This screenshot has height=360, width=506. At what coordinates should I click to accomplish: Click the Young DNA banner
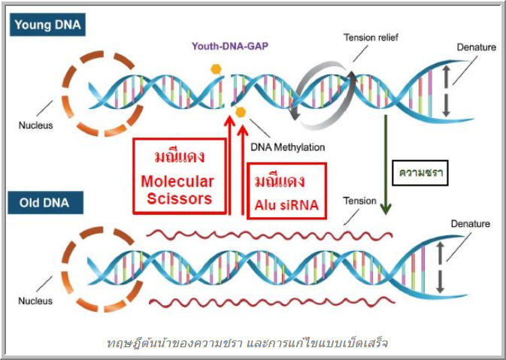pyautogui.click(x=48, y=25)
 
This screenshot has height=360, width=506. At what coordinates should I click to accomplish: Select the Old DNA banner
pyautogui.click(x=46, y=203)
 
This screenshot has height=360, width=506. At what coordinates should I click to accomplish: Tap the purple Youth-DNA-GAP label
pyautogui.click(x=230, y=46)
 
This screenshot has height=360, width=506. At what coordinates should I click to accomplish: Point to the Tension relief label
pyautogui.click(x=371, y=38)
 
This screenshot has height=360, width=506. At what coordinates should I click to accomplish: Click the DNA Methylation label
pyautogui.click(x=288, y=147)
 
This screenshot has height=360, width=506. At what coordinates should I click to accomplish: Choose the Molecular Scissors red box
pyautogui.click(x=180, y=176)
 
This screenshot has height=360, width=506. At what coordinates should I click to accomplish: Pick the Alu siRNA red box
pyautogui.click(x=287, y=191)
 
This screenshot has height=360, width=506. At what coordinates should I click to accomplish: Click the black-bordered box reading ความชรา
pyautogui.click(x=420, y=173)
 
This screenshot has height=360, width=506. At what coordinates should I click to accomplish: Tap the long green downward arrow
pyautogui.click(x=386, y=165)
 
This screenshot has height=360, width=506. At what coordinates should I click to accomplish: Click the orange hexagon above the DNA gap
pyautogui.click(x=216, y=69)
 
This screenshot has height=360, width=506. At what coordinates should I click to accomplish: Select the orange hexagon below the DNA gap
pyautogui.click(x=241, y=112)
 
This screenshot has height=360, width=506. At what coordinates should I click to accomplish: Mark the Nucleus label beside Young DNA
pyautogui.click(x=35, y=126)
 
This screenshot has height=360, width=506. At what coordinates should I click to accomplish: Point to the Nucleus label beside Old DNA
pyautogui.click(x=35, y=301)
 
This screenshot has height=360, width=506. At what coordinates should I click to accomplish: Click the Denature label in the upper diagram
pyautogui.click(x=477, y=47)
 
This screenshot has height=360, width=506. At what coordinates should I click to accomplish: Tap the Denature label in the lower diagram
pyautogui.click(x=470, y=223)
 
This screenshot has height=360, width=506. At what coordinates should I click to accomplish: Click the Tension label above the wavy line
pyautogui.click(x=360, y=201)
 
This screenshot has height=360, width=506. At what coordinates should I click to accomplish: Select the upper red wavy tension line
pyautogui.click(x=269, y=234)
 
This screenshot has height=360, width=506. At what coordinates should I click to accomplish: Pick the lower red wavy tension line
pyautogui.click(x=272, y=302)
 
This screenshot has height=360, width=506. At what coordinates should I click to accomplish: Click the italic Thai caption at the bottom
pyautogui.click(x=247, y=343)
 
